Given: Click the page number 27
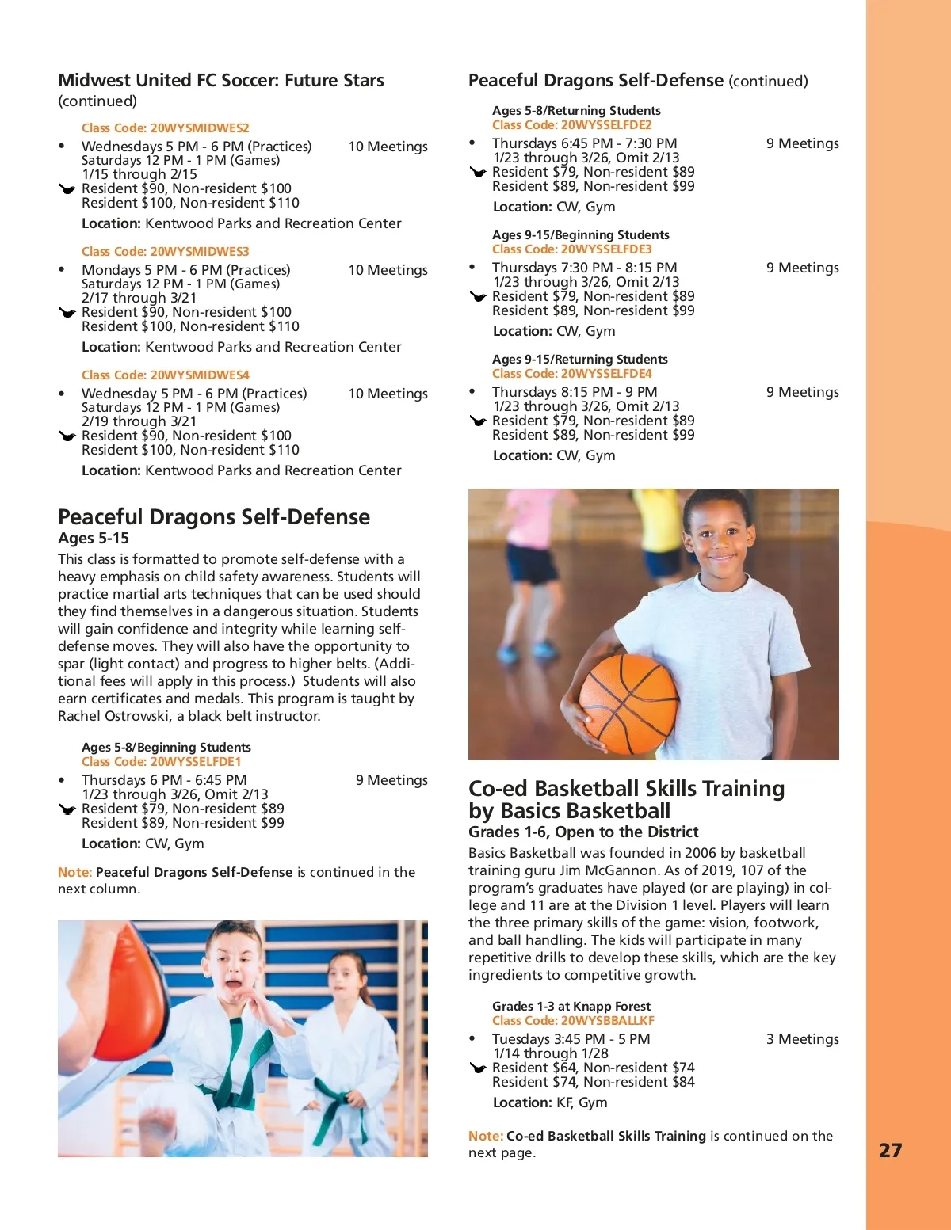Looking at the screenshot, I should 890,1150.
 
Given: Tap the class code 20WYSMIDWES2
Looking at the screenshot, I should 200,128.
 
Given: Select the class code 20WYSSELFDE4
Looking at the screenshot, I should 606,374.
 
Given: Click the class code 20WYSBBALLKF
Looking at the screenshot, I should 607,1021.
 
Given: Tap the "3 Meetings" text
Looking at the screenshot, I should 802,1039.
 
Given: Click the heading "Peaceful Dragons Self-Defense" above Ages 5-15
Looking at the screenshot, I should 214,517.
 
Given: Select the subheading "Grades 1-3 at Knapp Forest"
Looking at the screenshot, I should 571,1006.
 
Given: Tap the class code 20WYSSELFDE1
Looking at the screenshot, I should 196,762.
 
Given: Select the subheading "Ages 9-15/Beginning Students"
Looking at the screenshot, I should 581,235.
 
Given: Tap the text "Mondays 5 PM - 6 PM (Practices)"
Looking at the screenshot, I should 186,270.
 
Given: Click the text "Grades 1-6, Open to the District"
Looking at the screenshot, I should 583,832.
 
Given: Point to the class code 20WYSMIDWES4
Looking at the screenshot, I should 200,375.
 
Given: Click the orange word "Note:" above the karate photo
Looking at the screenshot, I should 74,872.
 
